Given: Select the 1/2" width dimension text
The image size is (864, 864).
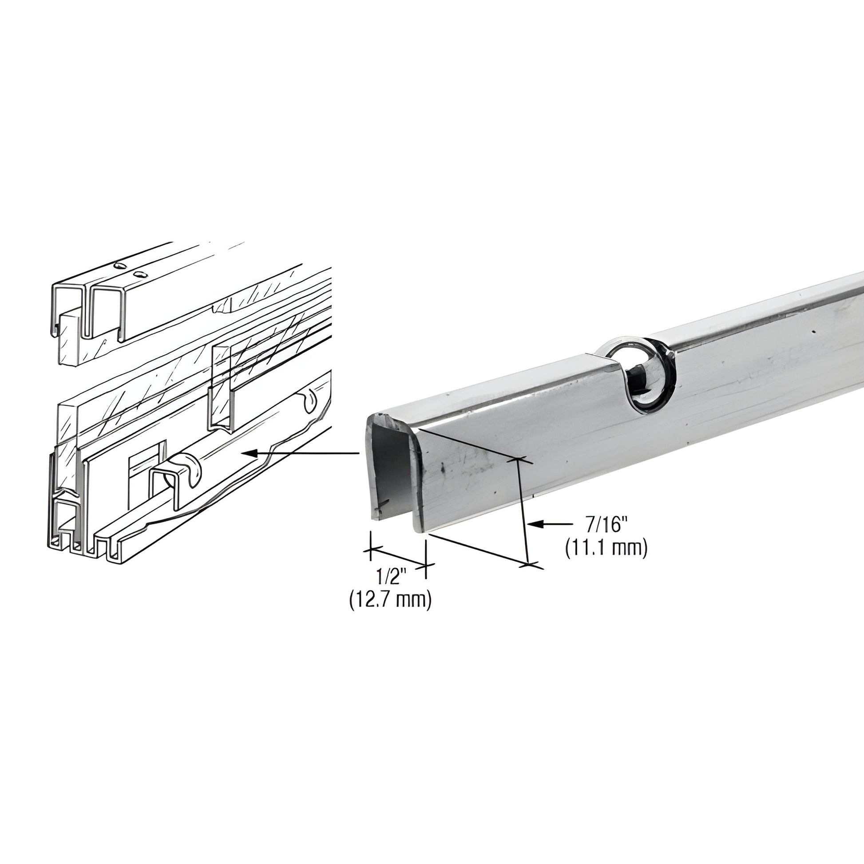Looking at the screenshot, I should (x=390, y=577).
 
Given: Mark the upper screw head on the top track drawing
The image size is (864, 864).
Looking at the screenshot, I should (x=119, y=266).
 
